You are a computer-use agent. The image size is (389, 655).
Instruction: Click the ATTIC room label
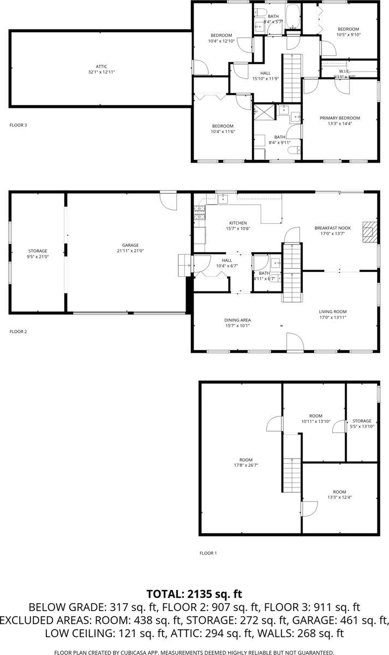pos(101,67)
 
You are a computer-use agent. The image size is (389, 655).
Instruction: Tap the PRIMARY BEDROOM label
pos(340,118)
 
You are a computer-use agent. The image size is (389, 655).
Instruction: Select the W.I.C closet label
pos(344,71)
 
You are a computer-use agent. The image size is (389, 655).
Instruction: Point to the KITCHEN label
pos(238,223)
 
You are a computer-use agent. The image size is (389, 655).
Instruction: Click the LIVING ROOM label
pos(333,312)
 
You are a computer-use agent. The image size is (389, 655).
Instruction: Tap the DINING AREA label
pos(237,320)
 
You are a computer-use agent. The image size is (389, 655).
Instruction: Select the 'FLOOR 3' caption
pos(18,125)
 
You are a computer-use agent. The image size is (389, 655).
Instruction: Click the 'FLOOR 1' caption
pos(208,553)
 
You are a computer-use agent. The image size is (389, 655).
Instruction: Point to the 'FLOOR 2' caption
pos(18,331)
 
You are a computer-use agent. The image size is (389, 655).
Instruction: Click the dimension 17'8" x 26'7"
pos(241,465)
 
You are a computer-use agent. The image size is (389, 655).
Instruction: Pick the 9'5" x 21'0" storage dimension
pos(38,256)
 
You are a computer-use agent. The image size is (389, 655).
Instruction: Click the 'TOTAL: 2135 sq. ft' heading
pos(194,594)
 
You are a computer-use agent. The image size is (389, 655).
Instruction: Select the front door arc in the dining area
pos(295,342)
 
